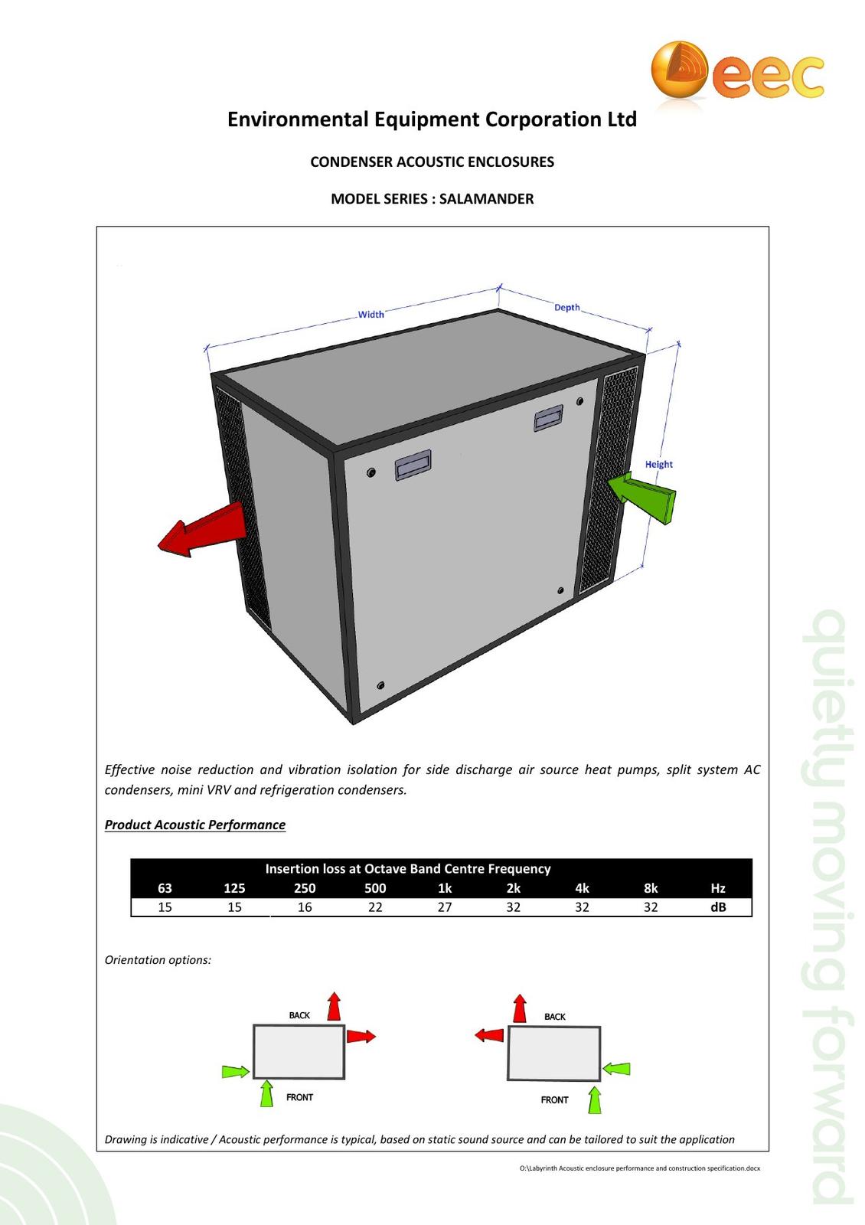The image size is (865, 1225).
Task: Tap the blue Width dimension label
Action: [371, 314]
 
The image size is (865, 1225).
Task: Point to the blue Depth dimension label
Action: [567, 307]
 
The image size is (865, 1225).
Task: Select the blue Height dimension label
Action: [658, 464]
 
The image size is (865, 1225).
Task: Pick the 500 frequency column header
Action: [375, 888]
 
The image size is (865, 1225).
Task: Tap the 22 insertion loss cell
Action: [375, 907]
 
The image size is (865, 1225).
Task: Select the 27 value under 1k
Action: [445, 907]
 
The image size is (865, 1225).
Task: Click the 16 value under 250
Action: [305, 907]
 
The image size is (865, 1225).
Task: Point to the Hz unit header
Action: [717, 888]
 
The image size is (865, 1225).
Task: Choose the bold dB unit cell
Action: [717, 907]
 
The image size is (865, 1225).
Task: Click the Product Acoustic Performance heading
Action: [195, 825]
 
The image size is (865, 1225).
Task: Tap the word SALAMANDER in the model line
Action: [487, 199]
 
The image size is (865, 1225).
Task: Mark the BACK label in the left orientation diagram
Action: [299, 1015]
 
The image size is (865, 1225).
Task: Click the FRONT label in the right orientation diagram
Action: [554, 1099]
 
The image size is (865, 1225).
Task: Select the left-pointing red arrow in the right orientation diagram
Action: [489, 1035]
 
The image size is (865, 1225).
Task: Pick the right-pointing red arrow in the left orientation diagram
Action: [361, 1036]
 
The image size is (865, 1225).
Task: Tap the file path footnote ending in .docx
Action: [639, 1168]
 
